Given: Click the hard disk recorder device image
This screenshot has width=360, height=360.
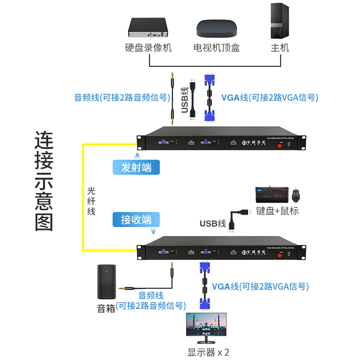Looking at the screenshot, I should point(148,28).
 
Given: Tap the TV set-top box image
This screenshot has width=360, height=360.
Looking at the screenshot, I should point(216,30).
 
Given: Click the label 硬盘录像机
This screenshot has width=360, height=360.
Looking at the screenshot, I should point(148,48).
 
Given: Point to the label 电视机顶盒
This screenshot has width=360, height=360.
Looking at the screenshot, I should point(216,48).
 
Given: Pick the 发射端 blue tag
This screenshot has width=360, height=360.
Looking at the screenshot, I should point(136,167).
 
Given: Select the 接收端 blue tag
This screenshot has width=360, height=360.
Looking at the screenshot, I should point(136,220).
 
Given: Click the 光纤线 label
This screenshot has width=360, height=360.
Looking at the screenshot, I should point(91,201).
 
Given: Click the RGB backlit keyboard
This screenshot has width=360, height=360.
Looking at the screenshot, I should point(271,195).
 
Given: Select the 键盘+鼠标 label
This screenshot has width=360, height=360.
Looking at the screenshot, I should point(277,211).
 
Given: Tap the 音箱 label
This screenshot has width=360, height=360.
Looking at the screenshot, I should point(106,309).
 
